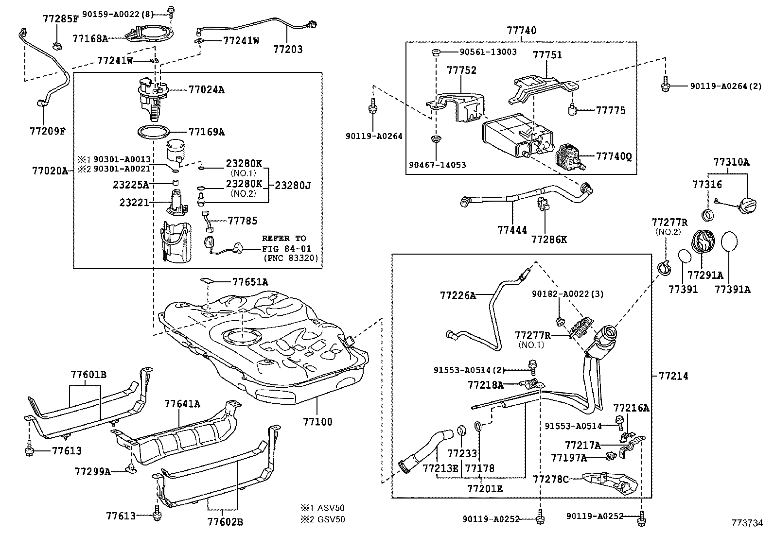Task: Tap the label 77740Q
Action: (x=614, y=156)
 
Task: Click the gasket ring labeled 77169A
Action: (x=154, y=132)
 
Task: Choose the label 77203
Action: (x=287, y=50)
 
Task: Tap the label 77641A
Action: (x=182, y=404)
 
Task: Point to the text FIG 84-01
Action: (x=284, y=248)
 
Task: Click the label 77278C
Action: (x=550, y=480)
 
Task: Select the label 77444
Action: (x=512, y=230)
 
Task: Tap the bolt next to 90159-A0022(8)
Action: (x=171, y=11)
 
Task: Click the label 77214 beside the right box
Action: (x=673, y=376)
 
